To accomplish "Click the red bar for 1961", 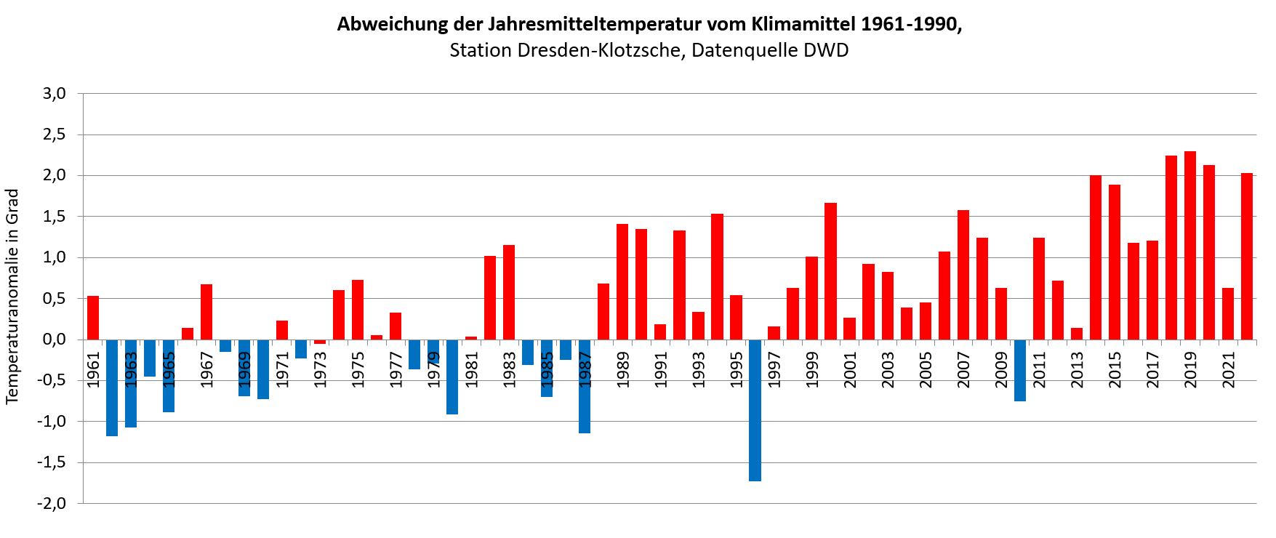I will (93, 318).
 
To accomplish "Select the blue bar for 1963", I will (131, 383).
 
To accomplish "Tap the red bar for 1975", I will (358, 310).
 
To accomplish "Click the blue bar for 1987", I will (585, 386).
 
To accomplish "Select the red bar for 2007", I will (963, 275).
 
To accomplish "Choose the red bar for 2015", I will (1115, 262).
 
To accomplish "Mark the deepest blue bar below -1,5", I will (755, 410).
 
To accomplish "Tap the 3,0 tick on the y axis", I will (55, 94).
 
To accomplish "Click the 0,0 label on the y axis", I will (55, 340).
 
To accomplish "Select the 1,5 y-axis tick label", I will (55, 217).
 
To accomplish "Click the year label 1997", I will (774, 369).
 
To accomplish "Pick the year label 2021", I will (1229, 369).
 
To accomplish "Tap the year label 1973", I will (320, 369).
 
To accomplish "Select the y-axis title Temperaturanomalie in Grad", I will (12, 297).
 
